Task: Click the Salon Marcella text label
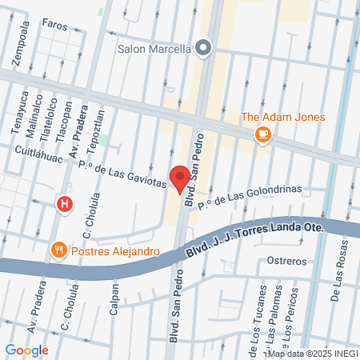tap(154, 48)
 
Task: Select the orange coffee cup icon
tap(262, 135)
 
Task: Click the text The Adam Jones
tap(283, 118)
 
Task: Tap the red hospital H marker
tap(65, 204)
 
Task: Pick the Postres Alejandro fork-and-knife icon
tap(58, 251)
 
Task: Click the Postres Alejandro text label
tap(116, 251)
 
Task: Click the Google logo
tap(27, 349)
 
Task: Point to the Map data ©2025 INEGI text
tap(312, 353)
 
